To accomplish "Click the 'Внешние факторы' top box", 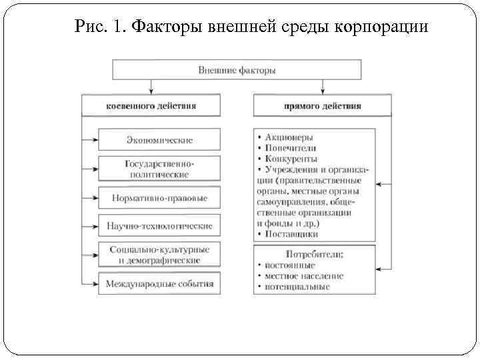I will pos(237,69).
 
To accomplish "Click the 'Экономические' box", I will pos(159,140).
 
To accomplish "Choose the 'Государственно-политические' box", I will pos(159,169).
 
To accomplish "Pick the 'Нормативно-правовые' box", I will pos(159,198).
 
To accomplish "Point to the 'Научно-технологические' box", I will pos(159,226).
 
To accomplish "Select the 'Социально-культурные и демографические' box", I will pos(159,254).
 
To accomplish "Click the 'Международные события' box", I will pos(159,283).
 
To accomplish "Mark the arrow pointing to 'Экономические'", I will pos(89,140).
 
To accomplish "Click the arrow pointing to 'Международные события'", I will pos(89,283).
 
